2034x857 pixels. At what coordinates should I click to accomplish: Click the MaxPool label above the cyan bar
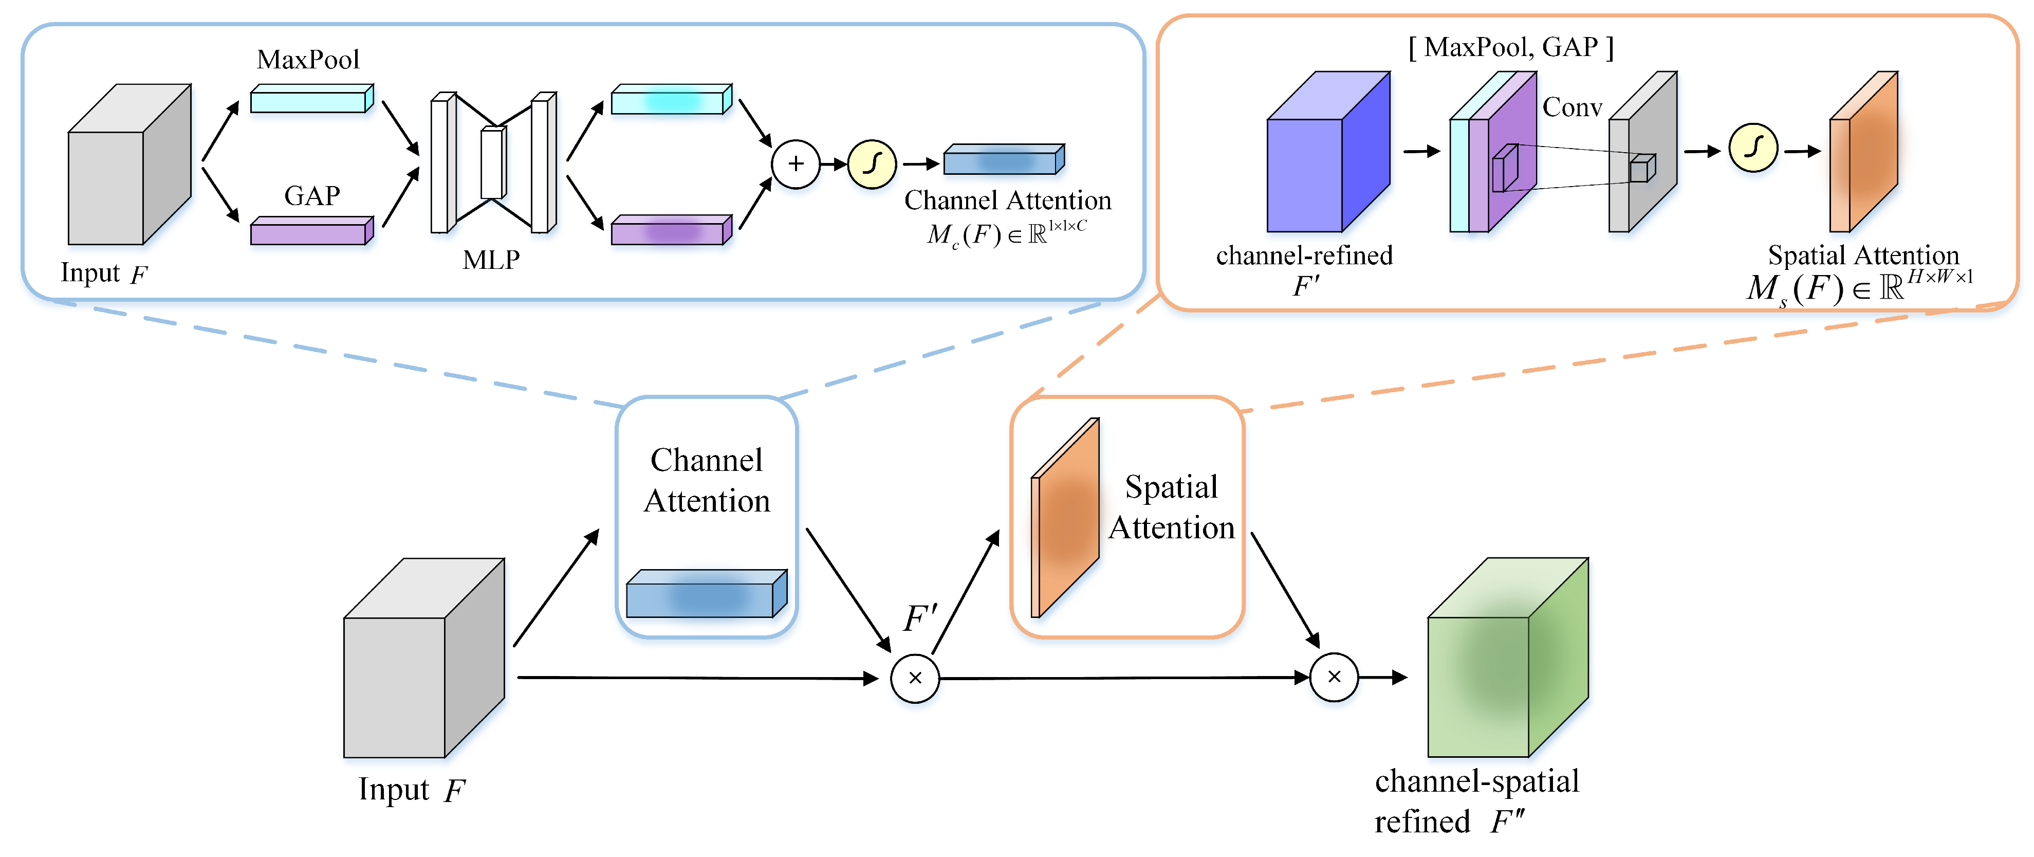coord(308,59)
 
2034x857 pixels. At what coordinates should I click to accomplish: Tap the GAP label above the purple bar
coord(312,195)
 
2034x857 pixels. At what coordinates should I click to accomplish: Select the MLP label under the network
coord(491,260)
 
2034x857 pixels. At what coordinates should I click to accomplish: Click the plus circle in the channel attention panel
coord(795,165)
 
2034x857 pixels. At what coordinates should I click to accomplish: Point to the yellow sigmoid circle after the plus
coord(872,165)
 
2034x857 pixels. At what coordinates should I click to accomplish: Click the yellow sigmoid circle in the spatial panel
coord(1753,148)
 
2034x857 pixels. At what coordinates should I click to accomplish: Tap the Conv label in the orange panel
coord(1572,107)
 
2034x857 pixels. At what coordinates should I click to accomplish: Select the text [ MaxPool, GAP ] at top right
coord(1510,47)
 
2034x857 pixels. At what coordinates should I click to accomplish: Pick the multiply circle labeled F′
coord(915,678)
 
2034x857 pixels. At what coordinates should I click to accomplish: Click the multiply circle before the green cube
coord(1334,677)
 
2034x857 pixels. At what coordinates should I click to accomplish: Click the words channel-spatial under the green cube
coord(1476,781)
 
